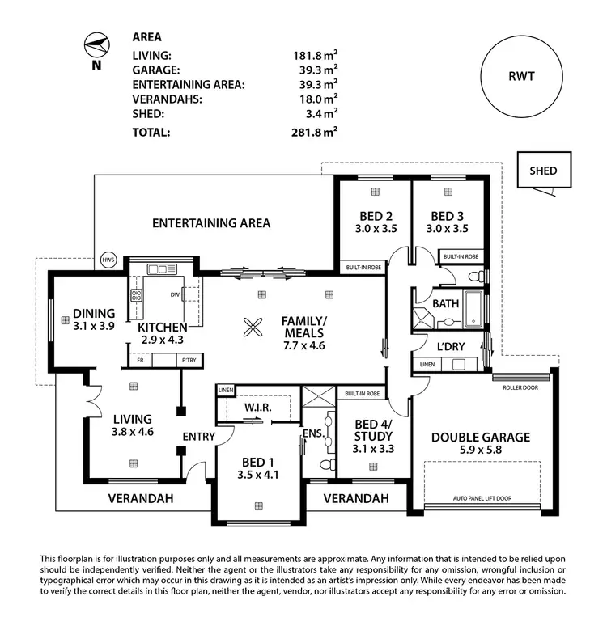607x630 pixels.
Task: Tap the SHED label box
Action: [543, 171]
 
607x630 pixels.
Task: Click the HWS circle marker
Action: [108, 260]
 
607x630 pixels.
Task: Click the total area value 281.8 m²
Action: [315, 133]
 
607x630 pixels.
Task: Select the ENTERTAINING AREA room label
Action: [211, 223]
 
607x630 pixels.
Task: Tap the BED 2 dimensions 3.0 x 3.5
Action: [375, 230]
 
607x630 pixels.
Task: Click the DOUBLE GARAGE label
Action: [481, 438]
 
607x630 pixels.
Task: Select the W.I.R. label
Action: [258, 407]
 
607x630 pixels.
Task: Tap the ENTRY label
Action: [197, 437]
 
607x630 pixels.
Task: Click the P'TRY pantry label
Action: [189, 360]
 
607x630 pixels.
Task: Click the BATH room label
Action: [445, 304]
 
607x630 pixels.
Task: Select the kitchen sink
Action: [162, 269]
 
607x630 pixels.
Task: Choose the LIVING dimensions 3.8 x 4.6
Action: [134, 432]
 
